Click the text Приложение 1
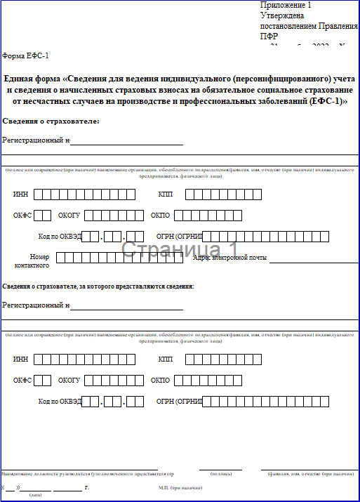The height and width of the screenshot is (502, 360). pyautogui.click(x=285, y=5)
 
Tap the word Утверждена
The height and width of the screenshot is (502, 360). pyautogui.click(x=281, y=15)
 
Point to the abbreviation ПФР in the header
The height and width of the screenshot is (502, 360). pyautogui.click(x=269, y=37)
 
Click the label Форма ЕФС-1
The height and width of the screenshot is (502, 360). pyautogui.click(x=26, y=55)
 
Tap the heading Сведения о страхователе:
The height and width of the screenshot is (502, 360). pyautogui.click(x=51, y=122)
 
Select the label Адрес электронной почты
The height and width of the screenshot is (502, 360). pyautogui.click(x=229, y=258)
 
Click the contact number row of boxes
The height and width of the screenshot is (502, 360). pyautogui.click(x=124, y=258)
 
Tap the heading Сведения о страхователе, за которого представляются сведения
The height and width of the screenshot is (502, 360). pyautogui.click(x=98, y=286)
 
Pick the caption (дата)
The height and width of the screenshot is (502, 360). pyautogui.click(x=34, y=495)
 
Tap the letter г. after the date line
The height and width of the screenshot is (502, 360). pyautogui.click(x=86, y=487)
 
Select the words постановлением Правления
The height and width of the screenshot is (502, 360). pyautogui.click(x=308, y=25)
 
